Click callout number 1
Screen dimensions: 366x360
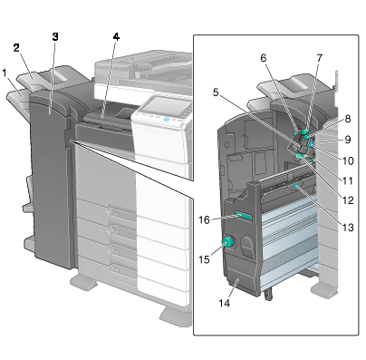tap(5, 73)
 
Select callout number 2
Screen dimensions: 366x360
tap(16, 48)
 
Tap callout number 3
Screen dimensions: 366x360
tap(55, 37)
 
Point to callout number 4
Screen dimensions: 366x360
tap(116, 37)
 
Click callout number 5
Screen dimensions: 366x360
tap(216, 92)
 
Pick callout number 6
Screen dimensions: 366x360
tap(264, 58)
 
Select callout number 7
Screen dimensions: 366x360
tap(319, 58)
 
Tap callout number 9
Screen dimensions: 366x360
tap(348, 140)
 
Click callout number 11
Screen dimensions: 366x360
tap(348, 180)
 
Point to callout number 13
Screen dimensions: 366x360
tap(348, 227)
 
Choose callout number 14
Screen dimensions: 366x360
tap(225, 303)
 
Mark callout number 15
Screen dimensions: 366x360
tap(204, 259)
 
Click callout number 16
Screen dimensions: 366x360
tap(204, 219)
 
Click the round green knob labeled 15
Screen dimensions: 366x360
tap(228, 242)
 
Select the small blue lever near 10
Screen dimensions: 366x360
tap(311, 146)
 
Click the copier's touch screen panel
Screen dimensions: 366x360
tap(165, 107)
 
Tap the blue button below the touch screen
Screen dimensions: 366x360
tap(166, 120)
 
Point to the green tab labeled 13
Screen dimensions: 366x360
tap(296, 186)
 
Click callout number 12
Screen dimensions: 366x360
tap(348, 199)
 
